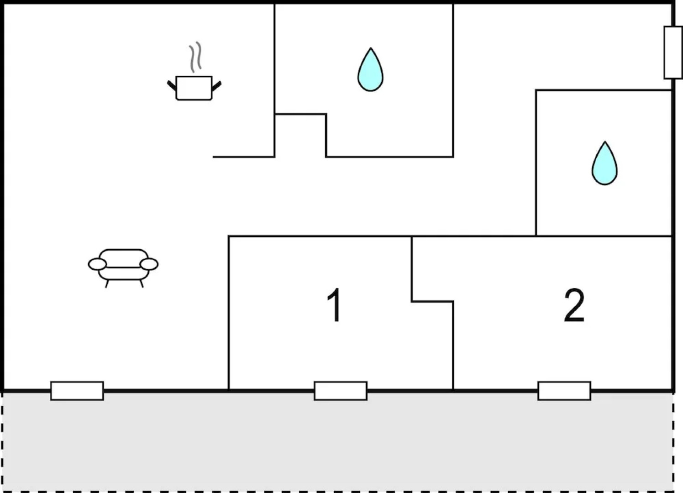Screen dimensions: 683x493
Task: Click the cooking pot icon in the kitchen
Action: (194, 88)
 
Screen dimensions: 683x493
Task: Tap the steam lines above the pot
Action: (195, 57)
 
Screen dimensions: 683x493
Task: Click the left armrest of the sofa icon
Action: (97, 264)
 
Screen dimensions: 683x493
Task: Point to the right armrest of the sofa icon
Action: (149, 264)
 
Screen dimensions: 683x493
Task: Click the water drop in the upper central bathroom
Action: (370, 70)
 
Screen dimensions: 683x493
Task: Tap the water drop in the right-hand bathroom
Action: (604, 163)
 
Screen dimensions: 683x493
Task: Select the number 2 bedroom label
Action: (574, 305)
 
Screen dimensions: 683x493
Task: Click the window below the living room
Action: (77, 391)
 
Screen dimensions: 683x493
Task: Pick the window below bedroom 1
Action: (341, 391)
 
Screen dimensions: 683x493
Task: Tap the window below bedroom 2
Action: (564, 391)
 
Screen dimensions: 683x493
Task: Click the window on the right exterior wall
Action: (673, 52)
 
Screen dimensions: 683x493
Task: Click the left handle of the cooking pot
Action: (172, 86)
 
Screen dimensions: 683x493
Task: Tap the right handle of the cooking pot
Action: (216, 86)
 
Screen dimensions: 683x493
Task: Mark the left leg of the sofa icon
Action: (107, 283)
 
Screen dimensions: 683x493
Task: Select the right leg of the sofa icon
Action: (142, 283)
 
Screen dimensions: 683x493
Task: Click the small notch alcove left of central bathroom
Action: (300, 136)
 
